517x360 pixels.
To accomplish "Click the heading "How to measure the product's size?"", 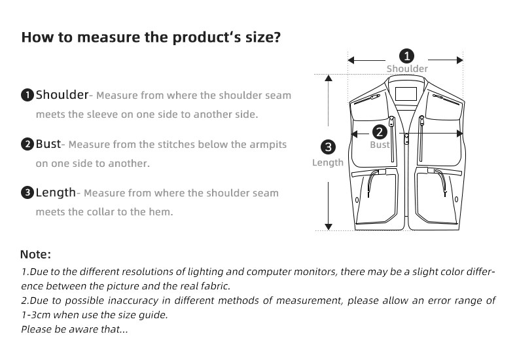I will tap(151, 37).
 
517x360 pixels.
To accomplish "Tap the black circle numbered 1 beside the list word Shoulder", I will tap(27, 96).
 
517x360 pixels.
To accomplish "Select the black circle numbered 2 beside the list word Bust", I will tap(27, 144).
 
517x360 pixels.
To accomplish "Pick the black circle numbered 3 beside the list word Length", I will tap(27, 193).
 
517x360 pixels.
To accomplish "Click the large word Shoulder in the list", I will tap(62, 95).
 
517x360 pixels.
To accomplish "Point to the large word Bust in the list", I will tap(48, 143).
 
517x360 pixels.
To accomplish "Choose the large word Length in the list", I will tap(56, 192).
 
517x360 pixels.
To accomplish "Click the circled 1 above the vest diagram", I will tap(406, 56).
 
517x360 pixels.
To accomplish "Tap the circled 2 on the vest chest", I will tap(379, 132).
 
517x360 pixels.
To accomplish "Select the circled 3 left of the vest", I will tap(329, 147).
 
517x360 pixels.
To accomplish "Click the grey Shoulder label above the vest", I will tap(407, 69).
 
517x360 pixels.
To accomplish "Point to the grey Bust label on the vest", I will tap(380, 145).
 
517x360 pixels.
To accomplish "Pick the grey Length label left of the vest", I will tap(328, 162).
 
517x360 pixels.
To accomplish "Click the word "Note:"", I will tap(35, 254).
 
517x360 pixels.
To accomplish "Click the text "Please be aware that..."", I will tap(75, 329).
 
